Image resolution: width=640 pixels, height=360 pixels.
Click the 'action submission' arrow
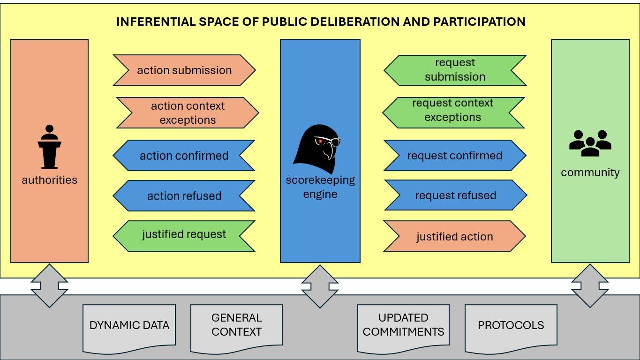pos(184,70)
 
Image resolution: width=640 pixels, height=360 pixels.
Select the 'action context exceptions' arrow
pos(188,113)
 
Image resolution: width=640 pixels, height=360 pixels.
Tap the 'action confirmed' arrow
pos(184,156)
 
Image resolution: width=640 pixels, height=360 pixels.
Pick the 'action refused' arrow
pos(184,196)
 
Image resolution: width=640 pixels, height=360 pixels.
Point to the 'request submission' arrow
pos(455,70)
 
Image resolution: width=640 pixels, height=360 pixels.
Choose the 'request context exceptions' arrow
pos(453,113)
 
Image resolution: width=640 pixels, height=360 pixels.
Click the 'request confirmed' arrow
pos(455,156)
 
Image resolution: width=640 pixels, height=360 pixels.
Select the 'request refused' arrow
pos(456,195)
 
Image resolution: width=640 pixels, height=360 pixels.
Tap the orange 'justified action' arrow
pos(455,237)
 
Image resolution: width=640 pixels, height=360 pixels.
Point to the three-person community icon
pos(590,143)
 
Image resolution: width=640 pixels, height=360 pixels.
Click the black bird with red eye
pos(317,148)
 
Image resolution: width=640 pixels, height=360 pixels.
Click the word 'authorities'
pos(49,180)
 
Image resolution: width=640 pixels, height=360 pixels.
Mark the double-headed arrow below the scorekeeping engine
pos(320,286)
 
